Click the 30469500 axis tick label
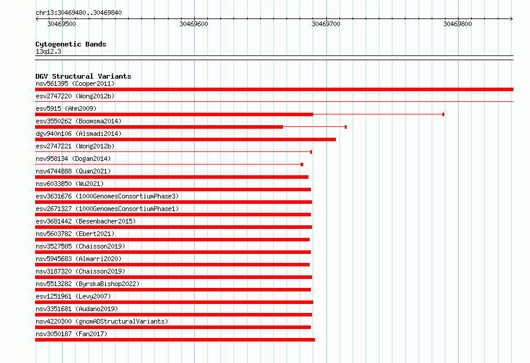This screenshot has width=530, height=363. [x=61, y=24]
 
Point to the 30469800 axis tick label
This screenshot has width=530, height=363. [x=457, y=24]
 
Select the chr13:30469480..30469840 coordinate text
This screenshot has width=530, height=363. [x=79, y=13]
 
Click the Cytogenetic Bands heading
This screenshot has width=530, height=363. [x=71, y=44]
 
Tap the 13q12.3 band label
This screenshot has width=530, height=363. [x=48, y=51]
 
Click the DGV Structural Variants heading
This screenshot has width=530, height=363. [x=83, y=76]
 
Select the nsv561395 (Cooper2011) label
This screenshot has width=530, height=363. [x=75, y=83]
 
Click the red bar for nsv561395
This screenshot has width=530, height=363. [x=274, y=89]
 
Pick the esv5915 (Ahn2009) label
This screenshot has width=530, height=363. [x=66, y=108]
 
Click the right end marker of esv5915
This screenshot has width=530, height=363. [x=443, y=114]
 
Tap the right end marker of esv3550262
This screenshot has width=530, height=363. [x=345, y=127]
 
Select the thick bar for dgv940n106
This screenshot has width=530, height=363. [x=186, y=139]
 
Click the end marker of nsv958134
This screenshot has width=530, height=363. [x=302, y=165]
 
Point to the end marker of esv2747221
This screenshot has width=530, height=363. [x=311, y=152]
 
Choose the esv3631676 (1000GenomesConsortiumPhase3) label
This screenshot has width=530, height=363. [x=107, y=196]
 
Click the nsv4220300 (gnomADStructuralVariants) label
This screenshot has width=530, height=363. [x=102, y=321]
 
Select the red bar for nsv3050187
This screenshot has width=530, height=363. [x=175, y=340]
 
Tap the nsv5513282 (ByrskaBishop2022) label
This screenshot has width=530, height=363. [x=88, y=284]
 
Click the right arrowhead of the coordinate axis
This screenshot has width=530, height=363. [x=512, y=18]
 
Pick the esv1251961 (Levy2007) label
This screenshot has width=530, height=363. [x=73, y=296]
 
